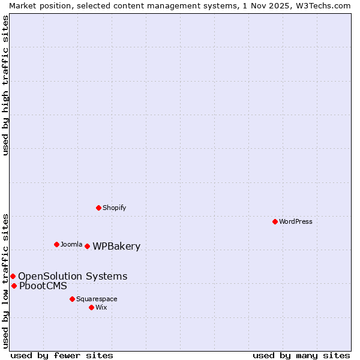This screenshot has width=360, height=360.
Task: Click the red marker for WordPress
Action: pyautogui.click(x=275, y=221)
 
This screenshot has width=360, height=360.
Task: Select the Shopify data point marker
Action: pyautogui.click(x=98, y=208)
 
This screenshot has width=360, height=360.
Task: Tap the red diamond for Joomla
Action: pyautogui.click(x=56, y=244)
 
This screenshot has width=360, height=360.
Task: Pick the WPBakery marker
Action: pyautogui.click(x=87, y=246)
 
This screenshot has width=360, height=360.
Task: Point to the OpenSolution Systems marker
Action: pyautogui.click(x=13, y=276)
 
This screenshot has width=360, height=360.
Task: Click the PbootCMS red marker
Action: pyautogui.click(x=14, y=286)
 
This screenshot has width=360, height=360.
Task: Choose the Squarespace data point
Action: pyautogui.click(x=72, y=299)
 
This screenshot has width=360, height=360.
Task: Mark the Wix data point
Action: pyautogui.click(x=91, y=307)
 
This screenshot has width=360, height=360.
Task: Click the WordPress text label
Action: pyautogui.click(x=296, y=221)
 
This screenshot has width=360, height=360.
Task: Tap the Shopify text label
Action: pyautogui.click(x=114, y=208)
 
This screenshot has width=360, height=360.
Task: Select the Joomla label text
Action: pyautogui.click(x=71, y=244)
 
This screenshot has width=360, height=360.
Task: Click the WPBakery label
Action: pyautogui.click(x=116, y=247)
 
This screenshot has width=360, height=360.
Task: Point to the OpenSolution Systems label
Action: pyautogui.click(x=73, y=277)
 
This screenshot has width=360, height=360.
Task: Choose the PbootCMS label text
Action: pyautogui.click(x=43, y=286)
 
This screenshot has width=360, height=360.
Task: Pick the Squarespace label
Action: pyautogui.click(x=97, y=299)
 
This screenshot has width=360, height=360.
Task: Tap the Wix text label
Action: pyautogui.click(x=101, y=307)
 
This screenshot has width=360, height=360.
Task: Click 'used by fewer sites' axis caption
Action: pyautogui.click(x=62, y=355)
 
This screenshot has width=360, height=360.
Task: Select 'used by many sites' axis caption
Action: pyautogui.click(x=301, y=355)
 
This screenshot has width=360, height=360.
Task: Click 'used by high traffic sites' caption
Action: pyautogui.click(x=6, y=86)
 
